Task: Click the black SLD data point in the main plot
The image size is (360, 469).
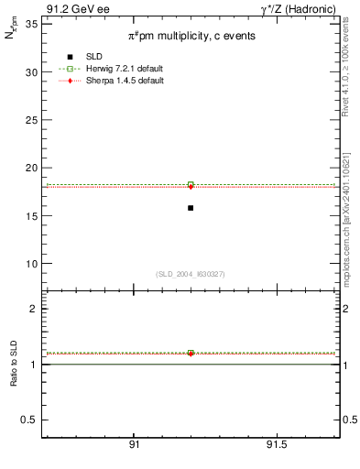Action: (191, 208)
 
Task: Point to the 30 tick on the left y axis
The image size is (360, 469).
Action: (31, 72)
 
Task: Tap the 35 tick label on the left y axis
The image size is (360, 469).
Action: (31, 25)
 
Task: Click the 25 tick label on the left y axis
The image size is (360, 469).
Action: (31, 120)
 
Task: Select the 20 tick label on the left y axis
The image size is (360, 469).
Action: (31, 168)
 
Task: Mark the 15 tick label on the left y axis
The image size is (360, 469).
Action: (31, 216)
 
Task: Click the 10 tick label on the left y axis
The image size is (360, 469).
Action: (31, 264)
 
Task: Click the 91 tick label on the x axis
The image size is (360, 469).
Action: (134, 444)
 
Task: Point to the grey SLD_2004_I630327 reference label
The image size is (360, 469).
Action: (190, 274)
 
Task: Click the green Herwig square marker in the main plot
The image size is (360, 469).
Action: (191, 185)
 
